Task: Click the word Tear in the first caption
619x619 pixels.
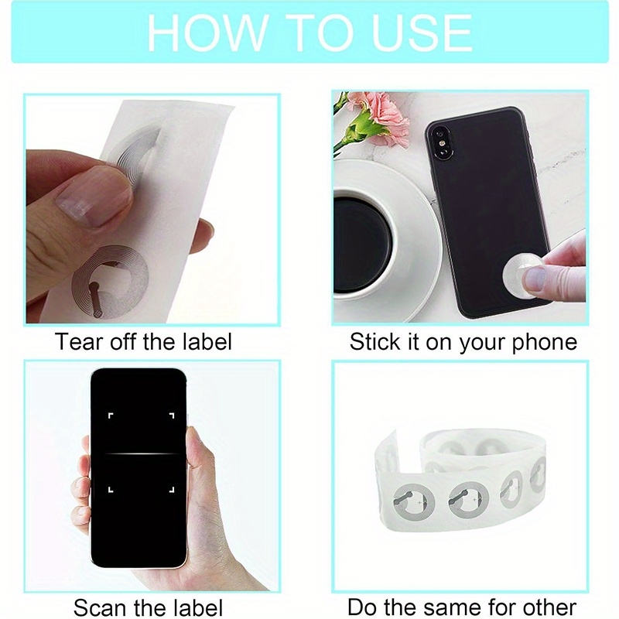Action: click(x=80, y=341)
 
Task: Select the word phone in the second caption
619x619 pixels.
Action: click(x=545, y=342)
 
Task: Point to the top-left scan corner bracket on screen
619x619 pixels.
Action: click(x=111, y=416)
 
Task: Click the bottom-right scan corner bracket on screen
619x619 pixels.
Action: click(x=172, y=490)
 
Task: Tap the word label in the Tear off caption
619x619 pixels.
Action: click(x=207, y=341)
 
